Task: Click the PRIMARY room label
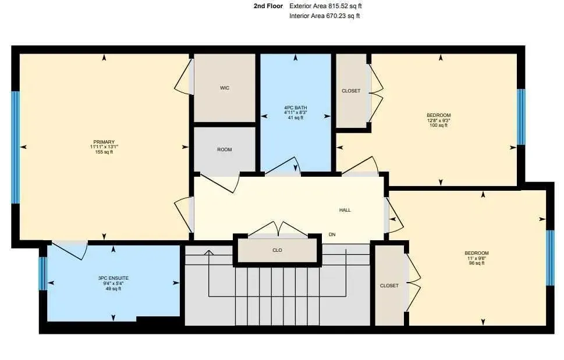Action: click(x=104, y=142)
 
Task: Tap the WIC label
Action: click(x=225, y=88)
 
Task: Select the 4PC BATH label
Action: click(x=295, y=108)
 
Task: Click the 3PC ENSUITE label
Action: click(x=113, y=278)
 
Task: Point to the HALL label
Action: click(x=345, y=210)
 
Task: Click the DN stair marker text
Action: click(x=332, y=234)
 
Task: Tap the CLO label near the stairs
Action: click(x=277, y=250)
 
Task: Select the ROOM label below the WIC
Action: click(x=225, y=149)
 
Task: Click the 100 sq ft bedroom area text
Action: click(x=438, y=126)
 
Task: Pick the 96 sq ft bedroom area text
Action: click(x=476, y=263)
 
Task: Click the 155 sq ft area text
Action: click(x=104, y=152)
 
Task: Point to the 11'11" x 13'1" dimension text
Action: click(x=104, y=147)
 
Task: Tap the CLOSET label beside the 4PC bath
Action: click(x=351, y=91)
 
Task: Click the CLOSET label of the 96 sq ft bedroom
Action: click(x=389, y=286)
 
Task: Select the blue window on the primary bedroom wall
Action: click(x=15, y=147)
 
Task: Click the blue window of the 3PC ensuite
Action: click(x=42, y=273)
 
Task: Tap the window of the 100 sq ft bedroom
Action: click(x=521, y=117)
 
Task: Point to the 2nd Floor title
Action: click(x=268, y=6)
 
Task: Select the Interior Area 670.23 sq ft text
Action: click(x=324, y=16)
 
